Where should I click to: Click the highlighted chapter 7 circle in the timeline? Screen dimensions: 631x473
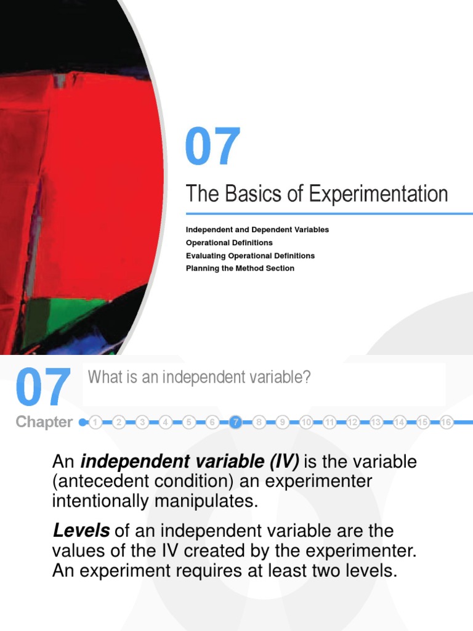point(235,422)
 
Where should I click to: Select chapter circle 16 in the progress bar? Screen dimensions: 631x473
point(447,422)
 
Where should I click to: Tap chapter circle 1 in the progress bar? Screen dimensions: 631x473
point(95,422)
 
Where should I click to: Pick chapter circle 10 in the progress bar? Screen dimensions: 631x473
point(306,422)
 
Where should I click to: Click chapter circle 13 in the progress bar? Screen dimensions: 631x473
point(376,422)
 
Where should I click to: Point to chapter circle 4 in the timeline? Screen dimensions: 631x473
point(165,422)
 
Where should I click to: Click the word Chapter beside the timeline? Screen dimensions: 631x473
point(44,422)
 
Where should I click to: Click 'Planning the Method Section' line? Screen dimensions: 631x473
point(240,269)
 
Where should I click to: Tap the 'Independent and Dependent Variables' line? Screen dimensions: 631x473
point(257,230)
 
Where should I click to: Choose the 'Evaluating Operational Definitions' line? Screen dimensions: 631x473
point(250,256)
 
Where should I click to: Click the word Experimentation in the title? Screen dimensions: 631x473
point(378,194)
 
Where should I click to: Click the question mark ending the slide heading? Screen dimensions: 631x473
point(306,377)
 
